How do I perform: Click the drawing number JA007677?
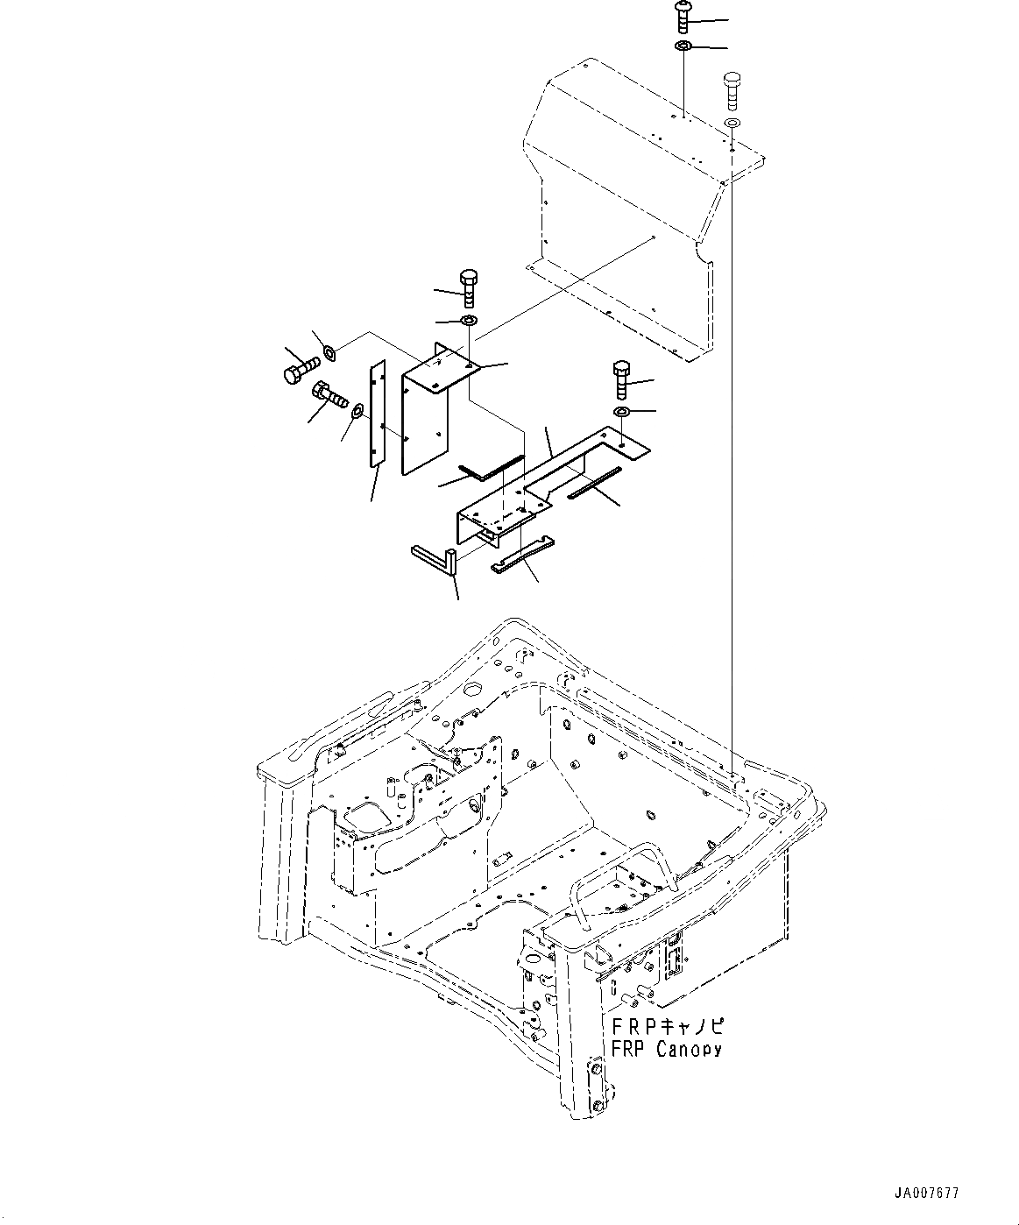(926, 1193)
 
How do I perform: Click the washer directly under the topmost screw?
(683, 46)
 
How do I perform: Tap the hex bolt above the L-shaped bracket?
(468, 287)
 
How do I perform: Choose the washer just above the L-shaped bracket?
(468, 321)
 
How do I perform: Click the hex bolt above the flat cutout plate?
(621, 379)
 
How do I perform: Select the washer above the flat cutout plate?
(621, 412)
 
